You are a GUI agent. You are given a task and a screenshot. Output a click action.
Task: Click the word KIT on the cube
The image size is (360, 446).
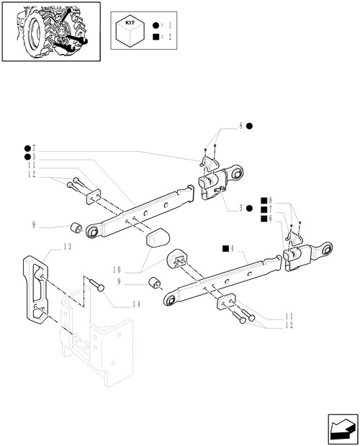tap(130, 23)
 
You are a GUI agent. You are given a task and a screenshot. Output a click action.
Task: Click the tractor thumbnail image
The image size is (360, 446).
tap(50, 30)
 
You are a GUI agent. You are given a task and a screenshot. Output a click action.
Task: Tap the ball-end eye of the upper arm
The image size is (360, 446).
tap(91, 232)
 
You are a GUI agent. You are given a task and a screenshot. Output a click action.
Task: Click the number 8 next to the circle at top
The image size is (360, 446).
tap(240, 127)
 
